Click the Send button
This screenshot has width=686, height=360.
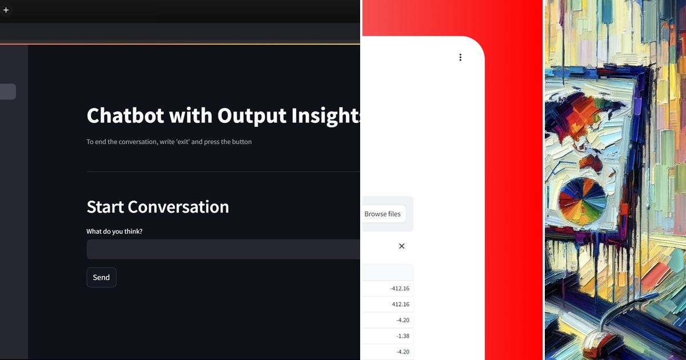pyautogui.click(x=101, y=277)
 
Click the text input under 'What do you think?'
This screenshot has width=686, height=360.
pyautogui.click(x=223, y=249)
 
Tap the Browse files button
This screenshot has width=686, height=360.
pyautogui.click(x=382, y=214)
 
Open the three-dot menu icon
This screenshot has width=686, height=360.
pyautogui.click(x=460, y=57)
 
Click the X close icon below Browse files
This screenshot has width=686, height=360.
pyautogui.click(x=401, y=246)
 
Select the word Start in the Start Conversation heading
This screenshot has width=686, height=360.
pyautogui.click(x=105, y=207)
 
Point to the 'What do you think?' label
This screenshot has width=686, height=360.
pyautogui.click(x=114, y=231)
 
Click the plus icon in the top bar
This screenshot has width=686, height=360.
pyautogui.click(x=6, y=10)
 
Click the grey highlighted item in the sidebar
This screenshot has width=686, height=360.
pyautogui.click(x=7, y=91)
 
